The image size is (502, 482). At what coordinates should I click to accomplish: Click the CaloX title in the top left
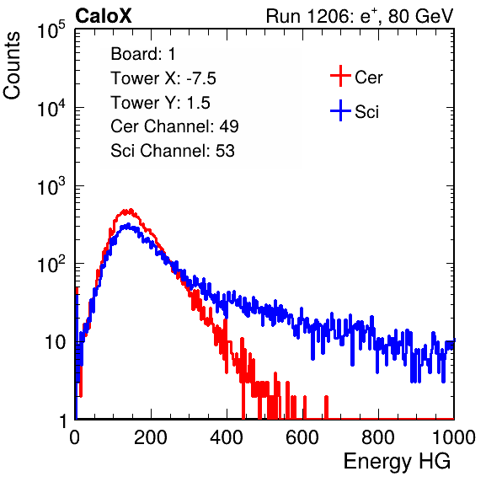pos(104,16)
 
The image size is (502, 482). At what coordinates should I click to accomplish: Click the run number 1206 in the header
pos(328,16)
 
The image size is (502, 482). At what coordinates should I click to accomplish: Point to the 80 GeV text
pos(421,16)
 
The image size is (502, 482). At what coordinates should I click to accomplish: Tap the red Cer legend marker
pos(340,76)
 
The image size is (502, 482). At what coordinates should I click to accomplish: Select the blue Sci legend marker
pos(340,110)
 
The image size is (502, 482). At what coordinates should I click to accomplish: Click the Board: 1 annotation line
pos(143,54)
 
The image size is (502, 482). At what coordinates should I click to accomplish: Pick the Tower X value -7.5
pos(201,78)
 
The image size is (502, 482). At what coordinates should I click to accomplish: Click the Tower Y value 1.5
pos(198,103)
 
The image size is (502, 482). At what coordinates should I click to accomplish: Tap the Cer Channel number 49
pos(229,126)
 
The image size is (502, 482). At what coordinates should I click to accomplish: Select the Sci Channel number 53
pos(225,151)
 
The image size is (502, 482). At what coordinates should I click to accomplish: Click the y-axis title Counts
pos(12,66)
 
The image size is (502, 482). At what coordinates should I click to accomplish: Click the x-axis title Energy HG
pos(397,462)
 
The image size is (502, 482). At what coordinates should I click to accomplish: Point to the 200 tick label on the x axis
pos(151,437)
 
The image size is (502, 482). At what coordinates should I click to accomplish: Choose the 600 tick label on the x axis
pos(302,437)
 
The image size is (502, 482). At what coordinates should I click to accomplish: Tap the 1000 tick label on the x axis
pos(453,437)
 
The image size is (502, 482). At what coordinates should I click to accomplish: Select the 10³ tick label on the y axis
pos(51,186)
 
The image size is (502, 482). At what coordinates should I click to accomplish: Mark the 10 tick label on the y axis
pos(55,342)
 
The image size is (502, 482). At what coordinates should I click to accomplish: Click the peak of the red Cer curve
pos(130,210)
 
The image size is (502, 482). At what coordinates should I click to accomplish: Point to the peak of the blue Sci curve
pos(127,225)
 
